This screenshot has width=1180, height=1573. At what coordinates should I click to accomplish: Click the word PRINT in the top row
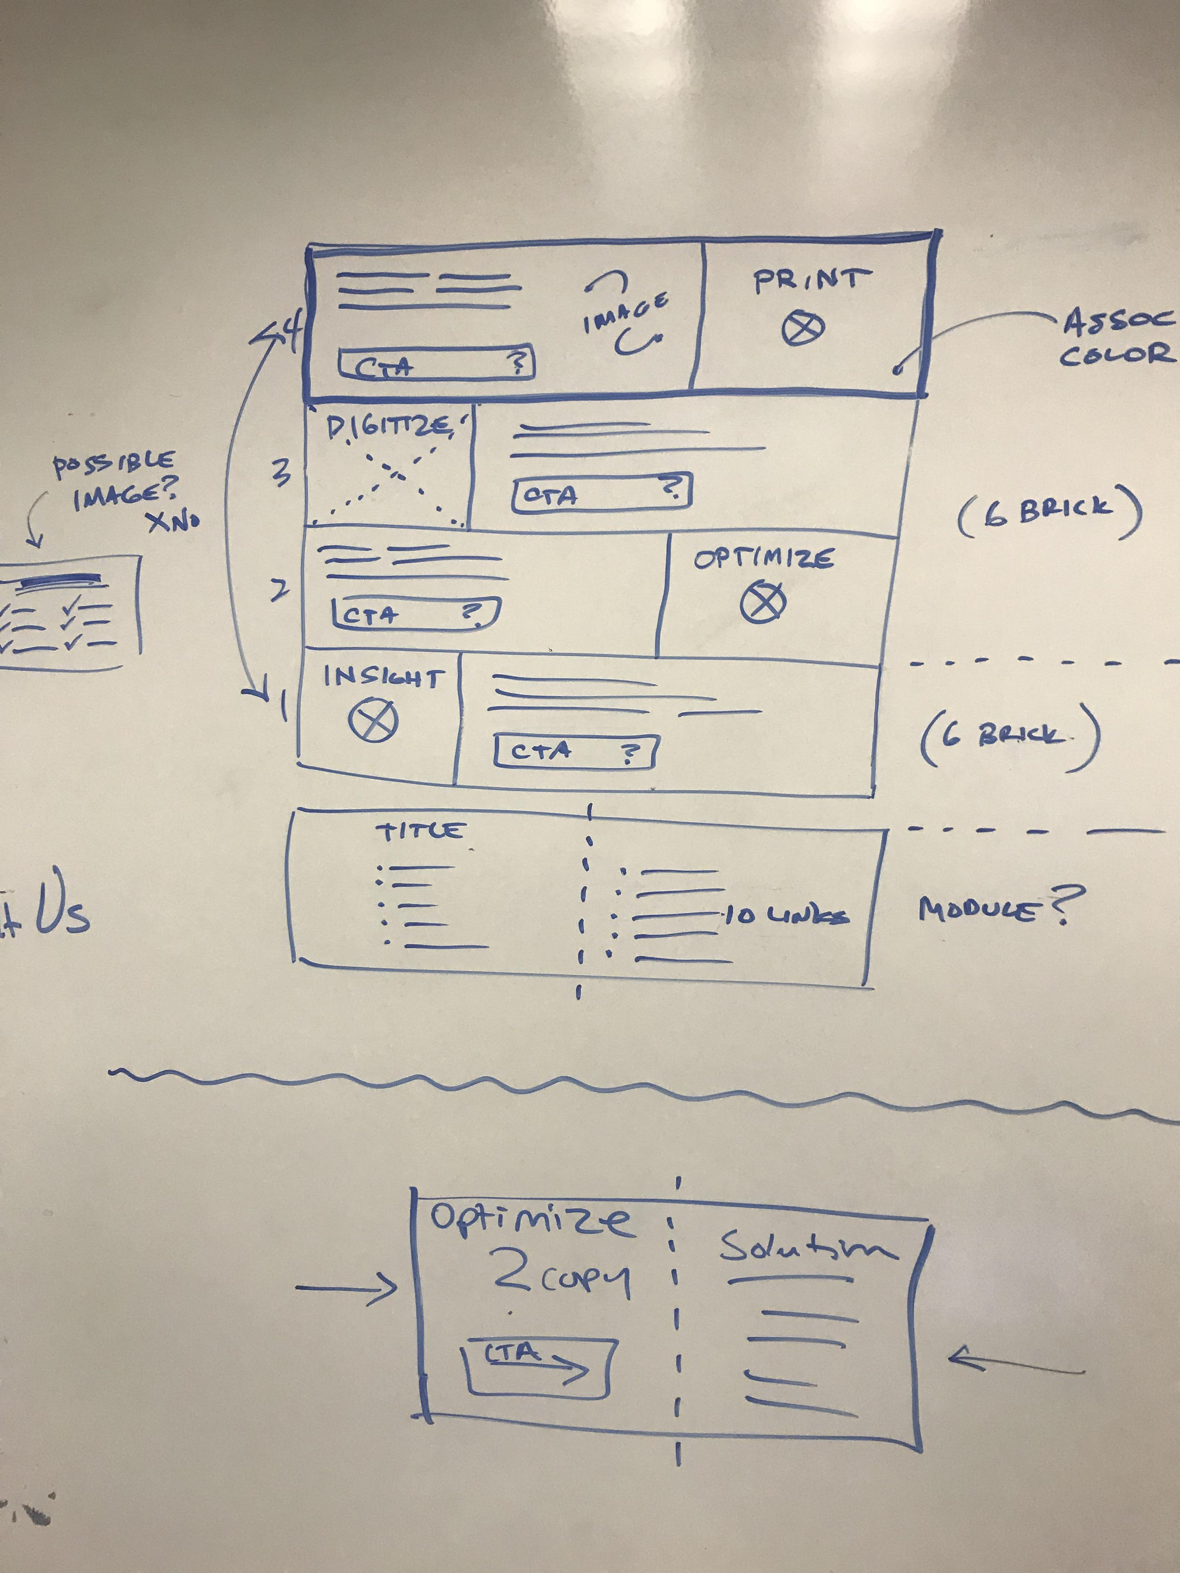pyautogui.click(x=811, y=280)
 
